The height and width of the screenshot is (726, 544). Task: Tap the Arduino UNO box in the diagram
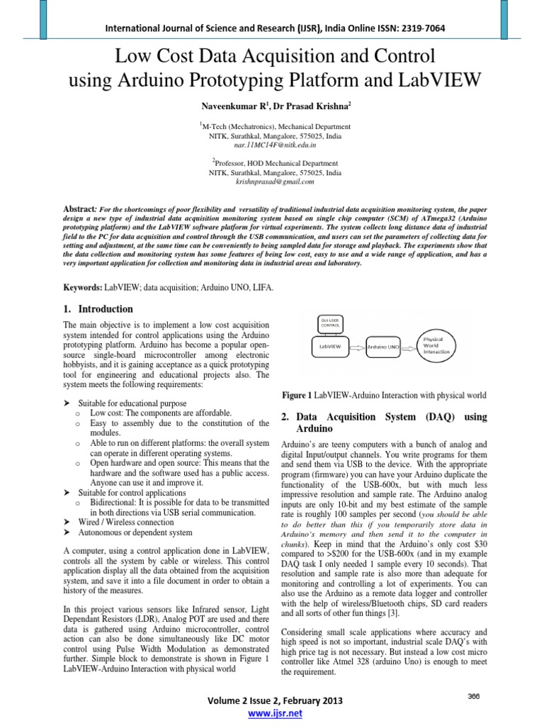tap(383, 347)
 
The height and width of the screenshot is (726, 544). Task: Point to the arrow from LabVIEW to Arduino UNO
tap(359, 347)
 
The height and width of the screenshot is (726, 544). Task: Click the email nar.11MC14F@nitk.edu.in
tap(275, 143)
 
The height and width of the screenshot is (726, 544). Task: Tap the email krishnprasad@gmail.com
tap(275, 181)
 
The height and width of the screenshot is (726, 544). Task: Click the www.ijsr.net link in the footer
tap(272, 713)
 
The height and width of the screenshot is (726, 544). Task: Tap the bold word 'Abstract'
tap(79, 210)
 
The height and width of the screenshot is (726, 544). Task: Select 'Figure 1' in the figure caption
tap(297, 394)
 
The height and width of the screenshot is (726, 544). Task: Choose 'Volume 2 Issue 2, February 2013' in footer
tap(272, 700)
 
